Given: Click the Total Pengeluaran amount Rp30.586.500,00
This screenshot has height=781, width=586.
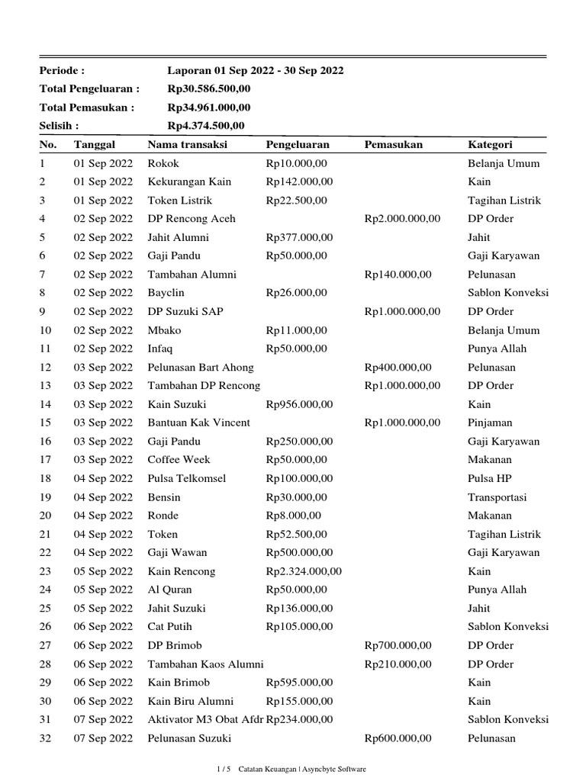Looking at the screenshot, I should pyautogui.click(x=209, y=89).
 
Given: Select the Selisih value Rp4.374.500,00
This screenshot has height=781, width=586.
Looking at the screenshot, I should pyautogui.click(x=206, y=126).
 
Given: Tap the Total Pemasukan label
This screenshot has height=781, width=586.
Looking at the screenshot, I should pyautogui.click(x=87, y=108).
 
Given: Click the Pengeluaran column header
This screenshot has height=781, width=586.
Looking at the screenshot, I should pyautogui.click(x=298, y=144).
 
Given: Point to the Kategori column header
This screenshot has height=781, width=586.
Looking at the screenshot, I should pyautogui.click(x=490, y=144).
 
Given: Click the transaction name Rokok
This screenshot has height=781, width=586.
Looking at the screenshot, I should pyautogui.click(x=163, y=163).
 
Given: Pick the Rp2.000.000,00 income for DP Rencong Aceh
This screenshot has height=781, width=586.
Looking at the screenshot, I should pyautogui.click(x=402, y=219).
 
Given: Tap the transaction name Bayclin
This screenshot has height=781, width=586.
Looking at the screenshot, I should pyautogui.click(x=166, y=293).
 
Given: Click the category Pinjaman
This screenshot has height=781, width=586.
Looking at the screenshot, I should pyautogui.click(x=490, y=423).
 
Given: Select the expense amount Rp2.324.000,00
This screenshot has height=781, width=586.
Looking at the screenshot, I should pyautogui.click(x=304, y=571).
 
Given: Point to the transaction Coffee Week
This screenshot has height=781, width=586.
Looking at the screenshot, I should pyautogui.click(x=179, y=460).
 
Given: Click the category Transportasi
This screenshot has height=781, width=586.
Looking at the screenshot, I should pyautogui.click(x=497, y=497).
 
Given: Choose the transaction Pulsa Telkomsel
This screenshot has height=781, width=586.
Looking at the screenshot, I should pyautogui.click(x=187, y=478).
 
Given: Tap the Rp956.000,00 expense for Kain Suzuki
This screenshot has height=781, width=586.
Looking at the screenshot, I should pyautogui.click(x=299, y=404).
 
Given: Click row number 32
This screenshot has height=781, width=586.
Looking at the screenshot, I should pyautogui.click(x=43, y=738).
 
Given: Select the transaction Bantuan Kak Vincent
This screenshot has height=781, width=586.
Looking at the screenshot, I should pyautogui.click(x=198, y=423).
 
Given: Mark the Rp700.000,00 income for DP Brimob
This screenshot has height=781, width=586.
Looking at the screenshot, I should pyautogui.click(x=398, y=645).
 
